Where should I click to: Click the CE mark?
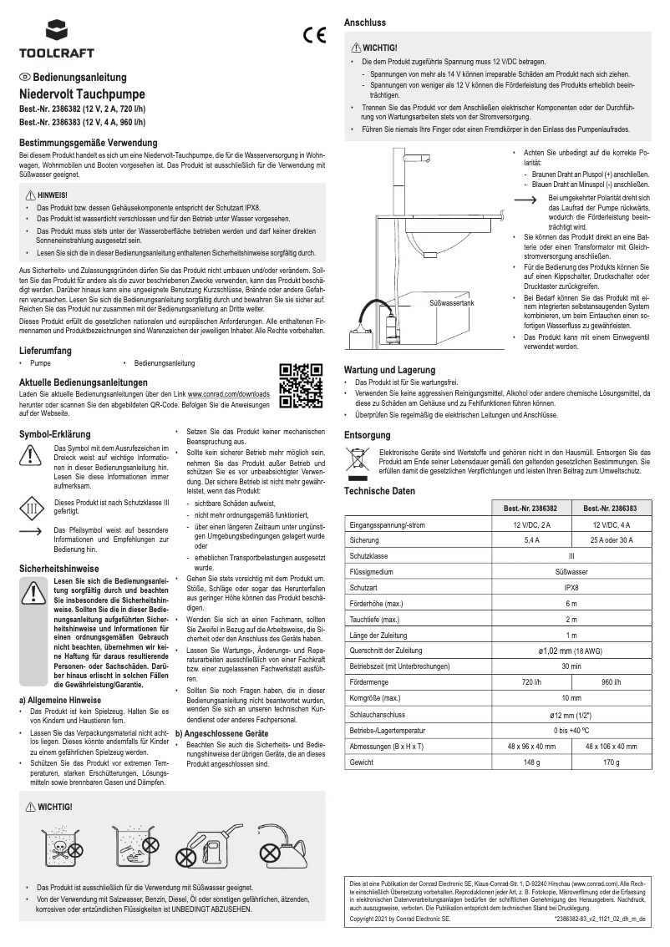[313, 36]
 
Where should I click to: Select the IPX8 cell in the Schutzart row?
[571, 587]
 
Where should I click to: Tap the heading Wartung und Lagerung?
[389, 370]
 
